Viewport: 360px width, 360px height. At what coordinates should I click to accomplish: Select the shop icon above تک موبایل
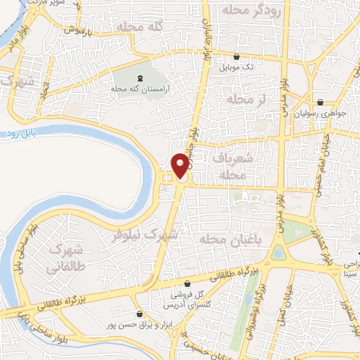click(235, 57)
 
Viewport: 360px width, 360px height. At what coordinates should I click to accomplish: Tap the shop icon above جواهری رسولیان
click(320, 102)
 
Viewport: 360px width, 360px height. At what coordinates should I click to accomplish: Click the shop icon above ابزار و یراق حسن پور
click(139, 314)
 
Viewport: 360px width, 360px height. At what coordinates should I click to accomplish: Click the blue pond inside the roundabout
click(278, 252)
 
